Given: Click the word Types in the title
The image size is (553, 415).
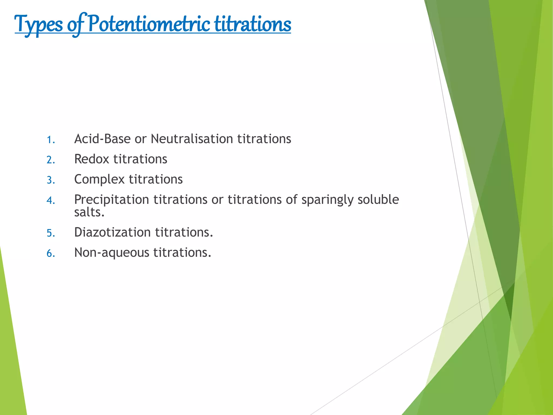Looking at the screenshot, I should click(x=38, y=24).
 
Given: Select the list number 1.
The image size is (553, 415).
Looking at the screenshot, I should click(x=50, y=140).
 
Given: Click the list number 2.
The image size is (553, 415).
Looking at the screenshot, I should click(x=50, y=160).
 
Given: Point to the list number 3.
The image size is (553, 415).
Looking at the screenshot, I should click(x=50, y=180).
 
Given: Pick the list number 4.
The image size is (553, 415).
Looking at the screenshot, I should click(x=50, y=200).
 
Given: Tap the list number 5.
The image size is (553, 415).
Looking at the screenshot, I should click(x=50, y=233).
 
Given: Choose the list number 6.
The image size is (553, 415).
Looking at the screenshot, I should click(x=50, y=253).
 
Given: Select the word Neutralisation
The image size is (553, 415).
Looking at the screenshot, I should click(x=192, y=139).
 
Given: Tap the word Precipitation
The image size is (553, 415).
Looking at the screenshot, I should click(x=112, y=200).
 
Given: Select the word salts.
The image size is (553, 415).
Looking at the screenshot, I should click(x=89, y=212).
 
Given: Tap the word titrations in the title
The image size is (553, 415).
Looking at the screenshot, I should click(x=253, y=24).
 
